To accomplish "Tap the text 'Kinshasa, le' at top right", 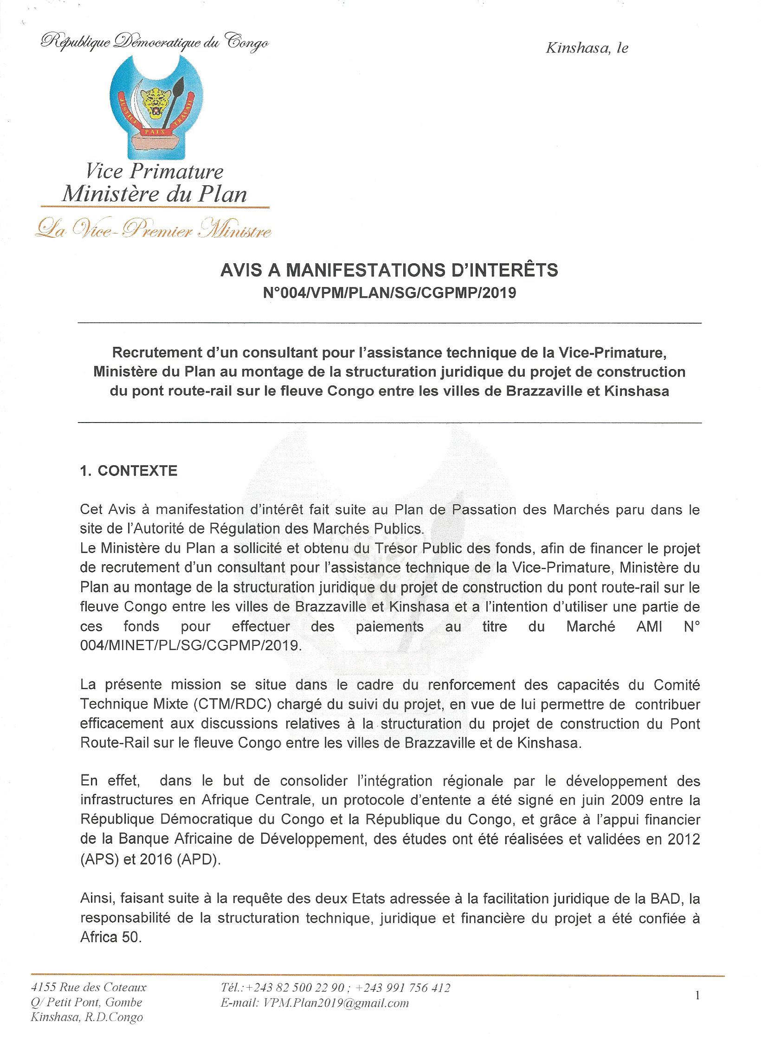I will (x=587, y=48).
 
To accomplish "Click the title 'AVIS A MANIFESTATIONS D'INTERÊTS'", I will (x=389, y=270).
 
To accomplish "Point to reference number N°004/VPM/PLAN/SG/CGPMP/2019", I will (x=389, y=293).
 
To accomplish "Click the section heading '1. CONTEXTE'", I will (x=129, y=471).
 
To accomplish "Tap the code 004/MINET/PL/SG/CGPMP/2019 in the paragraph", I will (x=191, y=646).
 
